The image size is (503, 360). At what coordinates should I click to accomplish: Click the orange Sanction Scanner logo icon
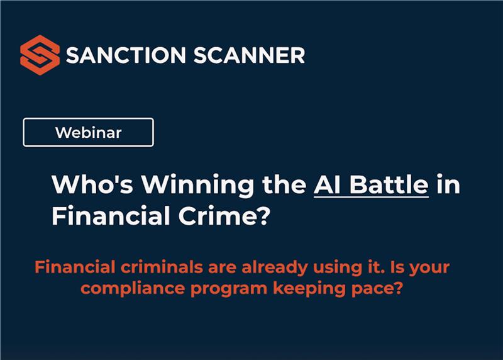pos(40,55)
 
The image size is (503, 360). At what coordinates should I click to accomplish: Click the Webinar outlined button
pos(88,133)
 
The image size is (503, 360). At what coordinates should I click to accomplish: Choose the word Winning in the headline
pos(182,186)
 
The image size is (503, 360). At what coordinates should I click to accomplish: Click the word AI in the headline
pos(327,186)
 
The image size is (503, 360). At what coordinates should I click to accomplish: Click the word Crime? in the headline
pos(223,217)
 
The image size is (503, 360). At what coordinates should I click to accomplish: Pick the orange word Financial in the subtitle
pos(69,267)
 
